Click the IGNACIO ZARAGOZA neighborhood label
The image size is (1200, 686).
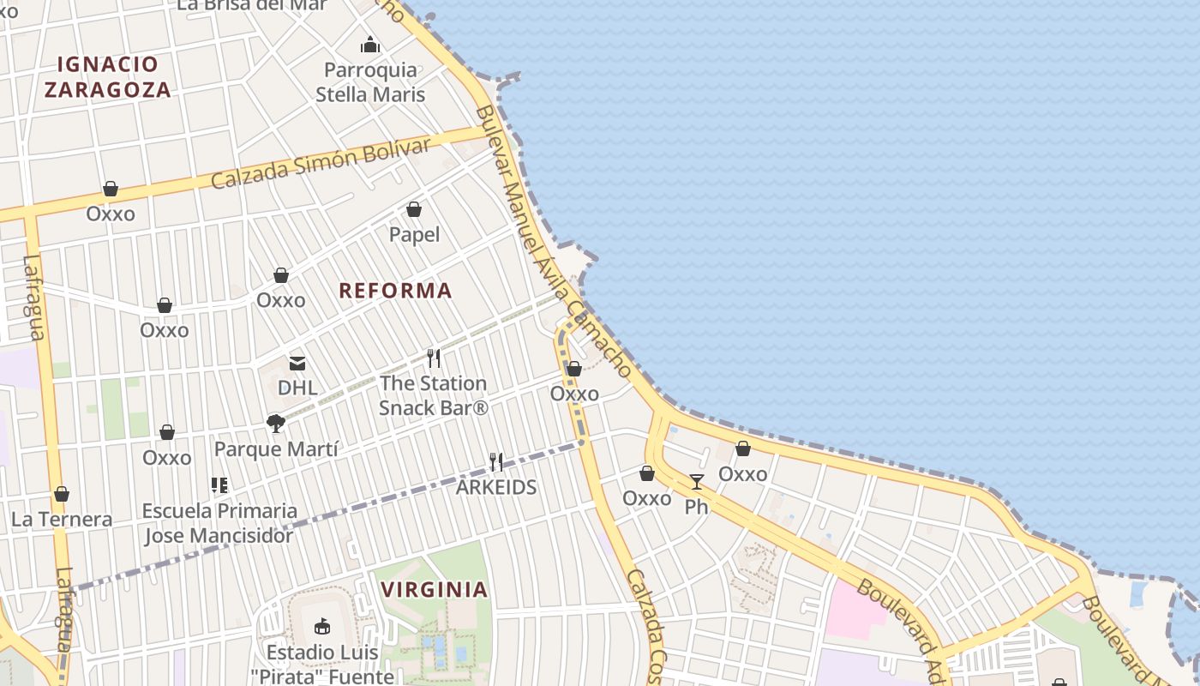pos(108,76)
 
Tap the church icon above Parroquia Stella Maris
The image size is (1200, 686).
pos(370,45)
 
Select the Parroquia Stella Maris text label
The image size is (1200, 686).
pos(370,81)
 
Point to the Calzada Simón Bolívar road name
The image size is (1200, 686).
pos(320,164)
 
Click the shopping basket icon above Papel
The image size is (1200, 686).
pos(414,209)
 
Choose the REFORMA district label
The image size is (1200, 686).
pos(395,291)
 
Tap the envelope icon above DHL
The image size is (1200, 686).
pos(297,364)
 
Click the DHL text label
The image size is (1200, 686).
pos(297,388)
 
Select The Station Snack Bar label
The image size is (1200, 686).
pos(433,395)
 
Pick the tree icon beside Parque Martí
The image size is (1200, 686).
pos(275,423)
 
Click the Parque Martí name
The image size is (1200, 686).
pos(276,448)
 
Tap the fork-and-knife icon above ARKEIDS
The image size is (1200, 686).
pos(496,462)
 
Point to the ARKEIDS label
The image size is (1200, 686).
pos(496,487)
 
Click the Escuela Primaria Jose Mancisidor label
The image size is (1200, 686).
pos(219,523)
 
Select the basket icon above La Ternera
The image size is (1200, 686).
pos(62,495)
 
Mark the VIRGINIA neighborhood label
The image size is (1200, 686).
pos(435,590)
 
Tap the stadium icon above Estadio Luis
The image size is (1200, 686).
pos(322,626)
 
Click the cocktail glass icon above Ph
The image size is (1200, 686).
pos(697,482)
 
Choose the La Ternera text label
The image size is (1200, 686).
pos(62,520)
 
